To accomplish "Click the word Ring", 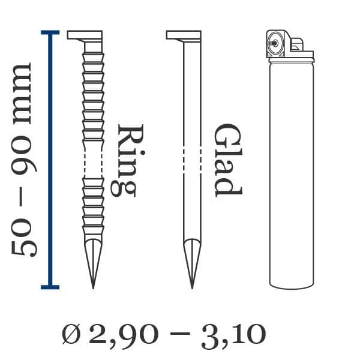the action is [x=127, y=161].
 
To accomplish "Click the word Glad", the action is [x=227, y=160].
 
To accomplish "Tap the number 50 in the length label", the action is [x=24, y=238].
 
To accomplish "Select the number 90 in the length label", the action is [x=24, y=155].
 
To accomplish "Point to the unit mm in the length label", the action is [x=22, y=94].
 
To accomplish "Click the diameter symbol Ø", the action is [x=71, y=334].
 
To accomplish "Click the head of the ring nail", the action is [x=85, y=35].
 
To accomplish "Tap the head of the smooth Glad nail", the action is [x=184, y=35].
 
